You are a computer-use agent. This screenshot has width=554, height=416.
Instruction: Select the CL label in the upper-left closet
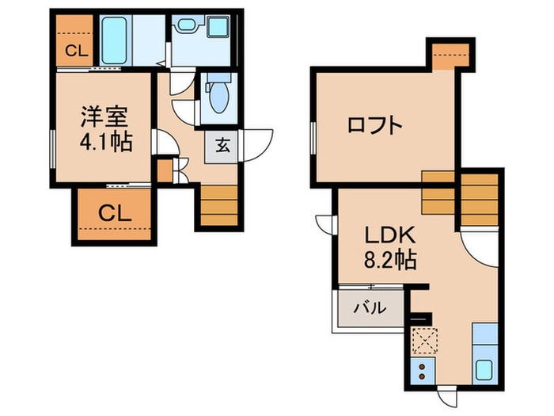76,52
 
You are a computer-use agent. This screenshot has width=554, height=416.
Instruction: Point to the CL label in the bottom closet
114,213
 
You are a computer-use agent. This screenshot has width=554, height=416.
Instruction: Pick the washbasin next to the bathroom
188,26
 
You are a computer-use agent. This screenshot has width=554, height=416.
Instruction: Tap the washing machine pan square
218,27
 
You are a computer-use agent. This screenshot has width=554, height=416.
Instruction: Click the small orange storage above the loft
450,54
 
